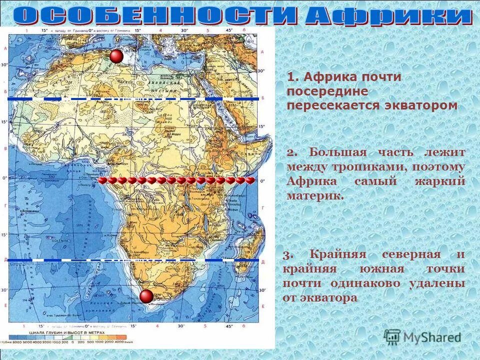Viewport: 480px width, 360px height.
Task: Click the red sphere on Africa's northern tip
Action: pyautogui.click(x=116, y=56)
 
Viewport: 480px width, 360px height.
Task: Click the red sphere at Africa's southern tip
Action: pyautogui.click(x=146, y=296)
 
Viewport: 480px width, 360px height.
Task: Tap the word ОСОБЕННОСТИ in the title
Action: pyautogui.click(x=155, y=16)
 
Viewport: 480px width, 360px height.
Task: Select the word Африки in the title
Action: pyautogui.click(x=388, y=16)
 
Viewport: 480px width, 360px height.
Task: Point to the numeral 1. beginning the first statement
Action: pyautogui.click(x=293, y=77)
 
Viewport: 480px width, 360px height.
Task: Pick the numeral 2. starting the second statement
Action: pyautogui.click(x=292, y=152)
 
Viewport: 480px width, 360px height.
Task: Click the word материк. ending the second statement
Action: pyautogui.click(x=315, y=195)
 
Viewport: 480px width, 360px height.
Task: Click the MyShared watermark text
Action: pyautogui.click(x=431, y=337)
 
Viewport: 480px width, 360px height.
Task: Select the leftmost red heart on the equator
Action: pyautogui.click(x=102, y=180)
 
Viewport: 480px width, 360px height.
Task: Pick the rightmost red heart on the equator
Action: pyautogui.click(x=249, y=180)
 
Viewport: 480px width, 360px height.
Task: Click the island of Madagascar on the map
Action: pyautogui.click(x=248, y=245)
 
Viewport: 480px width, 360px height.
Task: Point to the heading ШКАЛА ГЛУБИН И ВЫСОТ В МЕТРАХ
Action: pyautogui.click(x=75, y=332)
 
